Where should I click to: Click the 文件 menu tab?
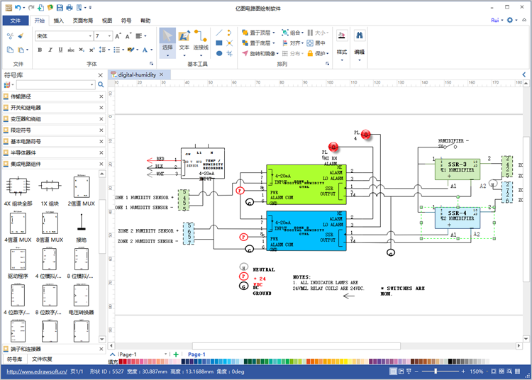[x=16, y=21]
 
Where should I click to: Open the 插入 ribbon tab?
[x=59, y=21]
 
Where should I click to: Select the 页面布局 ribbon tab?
[x=83, y=21]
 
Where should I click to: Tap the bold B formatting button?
[x=40, y=50]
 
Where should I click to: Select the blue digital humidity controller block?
[x=306, y=230]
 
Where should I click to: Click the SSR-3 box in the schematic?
[x=458, y=169]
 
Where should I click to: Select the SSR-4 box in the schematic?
[x=458, y=217]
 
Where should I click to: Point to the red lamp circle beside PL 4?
[x=366, y=135]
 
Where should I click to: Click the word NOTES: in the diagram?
[x=303, y=277]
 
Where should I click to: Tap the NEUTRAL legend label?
[x=264, y=269]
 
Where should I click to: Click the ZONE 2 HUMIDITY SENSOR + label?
[x=146, y=231]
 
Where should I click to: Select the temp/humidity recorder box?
[x=203, y=164]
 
